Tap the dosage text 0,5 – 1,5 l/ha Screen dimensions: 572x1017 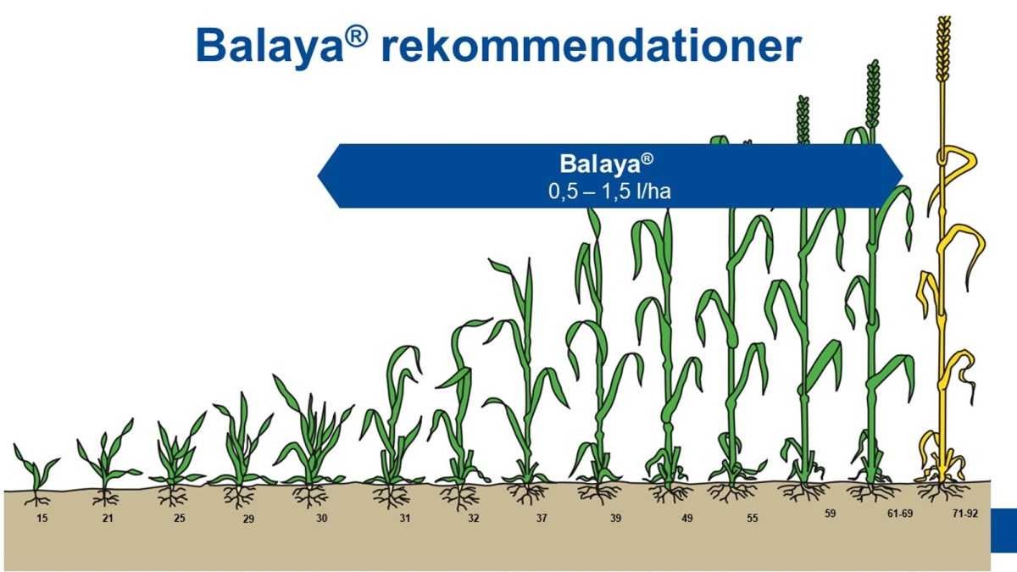click(609, 192)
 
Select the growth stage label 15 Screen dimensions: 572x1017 click(42, 517)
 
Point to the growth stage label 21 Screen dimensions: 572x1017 click(108, 517)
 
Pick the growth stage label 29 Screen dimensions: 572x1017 click(248, 519)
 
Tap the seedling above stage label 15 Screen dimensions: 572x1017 click(36, 470)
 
